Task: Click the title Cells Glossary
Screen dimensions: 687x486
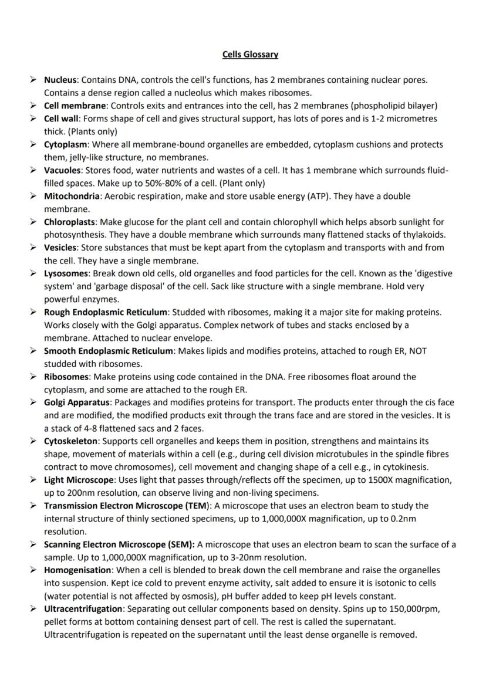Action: [x=250, y=55]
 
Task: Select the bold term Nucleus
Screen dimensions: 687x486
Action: [x=62, y=80]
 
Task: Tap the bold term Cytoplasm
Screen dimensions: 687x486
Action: [x=66, y=144]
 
